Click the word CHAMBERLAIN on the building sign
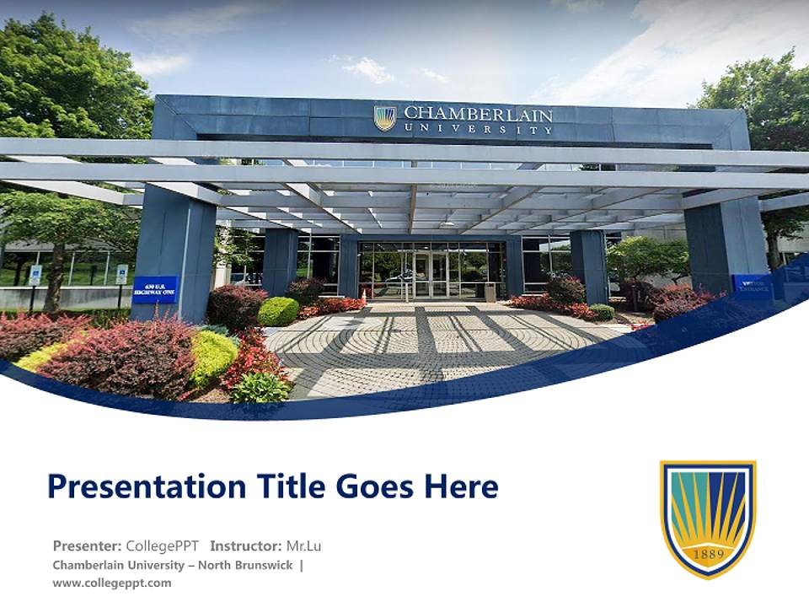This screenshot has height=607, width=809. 478,114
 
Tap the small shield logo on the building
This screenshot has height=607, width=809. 385,118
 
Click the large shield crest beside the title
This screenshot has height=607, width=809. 708,518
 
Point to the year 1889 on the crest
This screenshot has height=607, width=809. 708,555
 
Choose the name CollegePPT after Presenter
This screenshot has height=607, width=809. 162,545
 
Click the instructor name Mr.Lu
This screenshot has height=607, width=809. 303,545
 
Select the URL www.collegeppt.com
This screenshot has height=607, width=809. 112,583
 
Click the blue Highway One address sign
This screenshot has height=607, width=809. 155,289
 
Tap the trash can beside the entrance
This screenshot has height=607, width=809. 490,292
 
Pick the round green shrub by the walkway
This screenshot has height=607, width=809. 278,311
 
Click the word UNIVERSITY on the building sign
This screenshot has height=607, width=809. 478,129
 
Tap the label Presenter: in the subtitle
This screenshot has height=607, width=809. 87,545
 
